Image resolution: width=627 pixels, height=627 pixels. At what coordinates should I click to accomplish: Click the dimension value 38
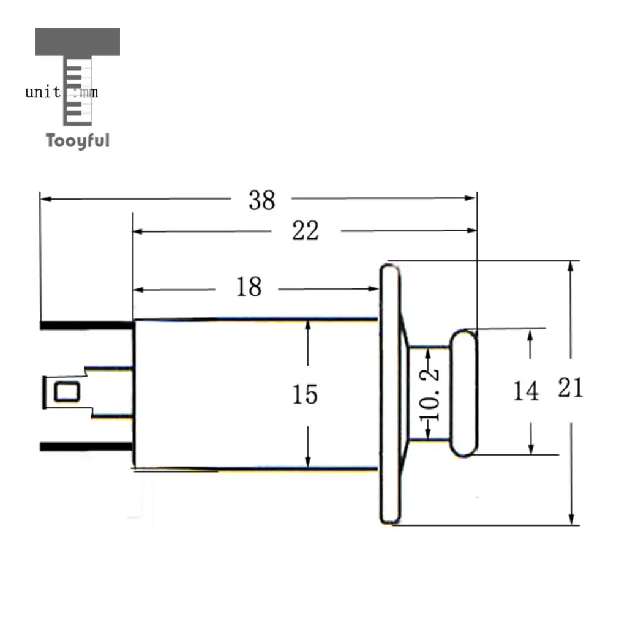(x=262, y=200)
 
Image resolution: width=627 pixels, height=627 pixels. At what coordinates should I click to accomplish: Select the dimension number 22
(x=306, y=231)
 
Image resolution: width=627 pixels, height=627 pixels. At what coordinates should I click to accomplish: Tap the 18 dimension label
(x=249, y=287)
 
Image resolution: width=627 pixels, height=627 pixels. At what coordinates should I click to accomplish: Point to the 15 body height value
(x=305, y=394)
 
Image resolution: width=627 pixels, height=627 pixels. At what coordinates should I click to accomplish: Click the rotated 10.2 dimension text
(x=429, y=395)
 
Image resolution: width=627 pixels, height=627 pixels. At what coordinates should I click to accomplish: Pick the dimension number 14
(x=526, y=391)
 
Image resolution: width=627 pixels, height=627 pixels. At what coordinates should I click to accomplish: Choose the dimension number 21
(x=571, y=388)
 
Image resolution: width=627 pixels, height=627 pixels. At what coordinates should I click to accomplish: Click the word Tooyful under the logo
(x=78, y=141)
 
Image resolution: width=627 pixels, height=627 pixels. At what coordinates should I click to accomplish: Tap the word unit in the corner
(x=43, y=92)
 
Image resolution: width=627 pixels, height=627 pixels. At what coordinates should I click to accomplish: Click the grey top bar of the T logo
(x=77, y=41)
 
